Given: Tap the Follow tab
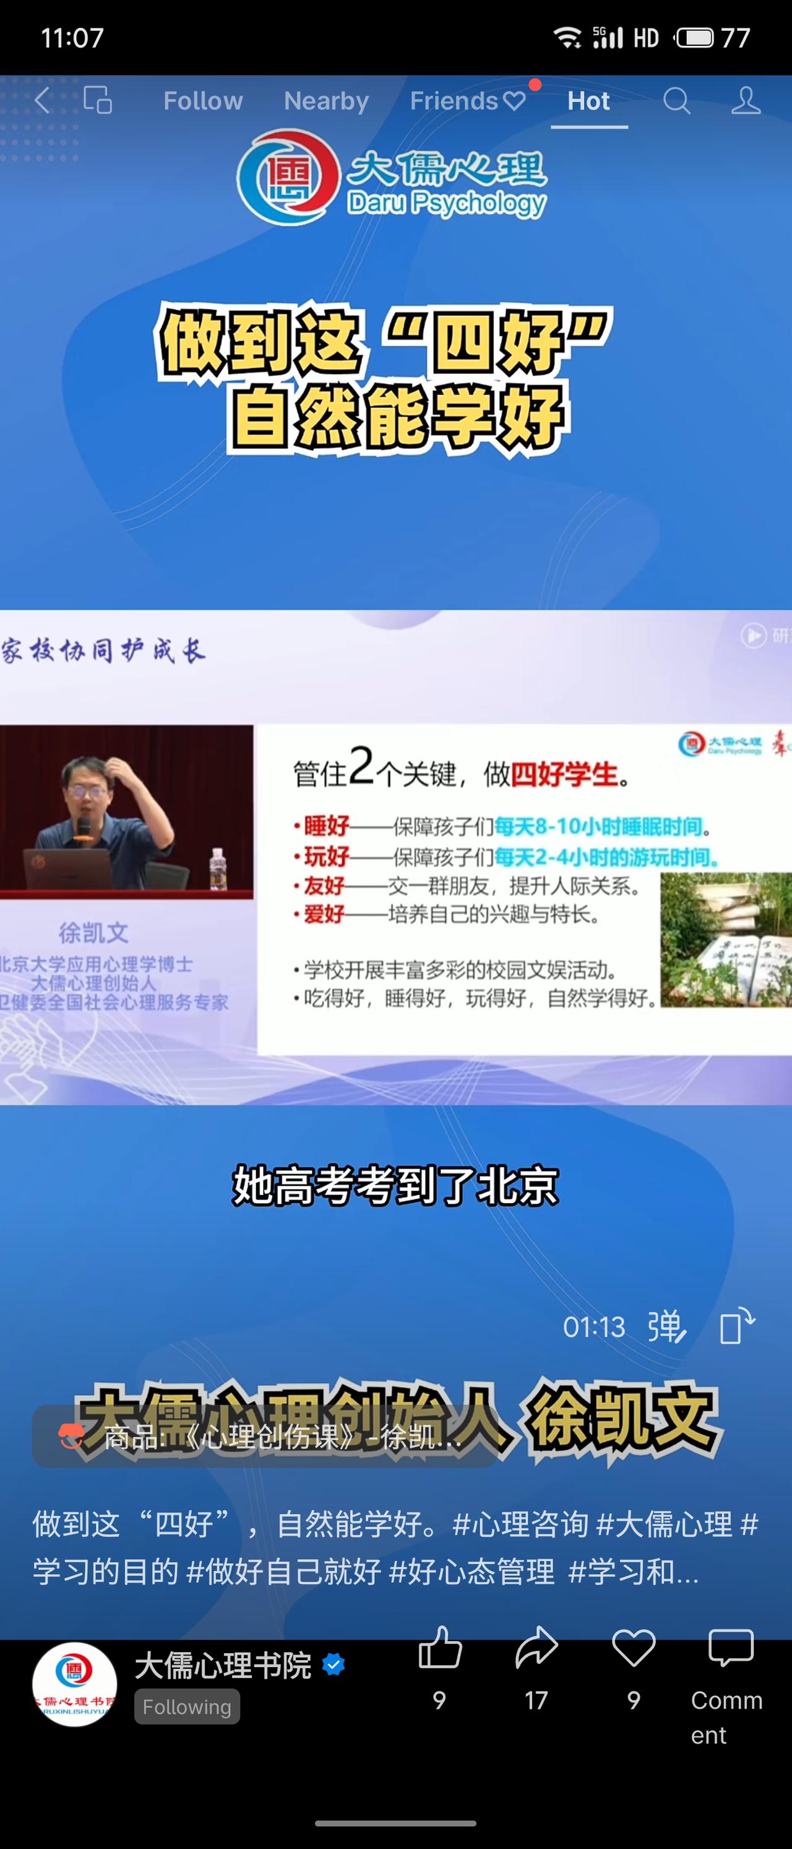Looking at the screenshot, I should point(203,101).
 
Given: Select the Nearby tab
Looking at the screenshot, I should point(327,101).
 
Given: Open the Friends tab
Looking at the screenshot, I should point(467,101).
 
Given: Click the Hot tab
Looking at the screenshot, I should point(588,101).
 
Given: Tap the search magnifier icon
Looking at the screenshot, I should point(676,101).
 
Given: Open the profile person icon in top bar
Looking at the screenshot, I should point(746,101).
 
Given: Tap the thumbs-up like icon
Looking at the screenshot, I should point(440,1647).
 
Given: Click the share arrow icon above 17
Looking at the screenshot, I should point(536,1647).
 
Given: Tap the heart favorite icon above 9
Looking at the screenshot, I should point(634,1647).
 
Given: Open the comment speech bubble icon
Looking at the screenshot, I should point(730,1647).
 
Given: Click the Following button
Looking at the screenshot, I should point(186,1707).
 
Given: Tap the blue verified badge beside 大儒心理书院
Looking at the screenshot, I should point(334,1664).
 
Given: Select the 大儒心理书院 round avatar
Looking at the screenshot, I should point(75,1684).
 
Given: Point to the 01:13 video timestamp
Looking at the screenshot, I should point(594,1327).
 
